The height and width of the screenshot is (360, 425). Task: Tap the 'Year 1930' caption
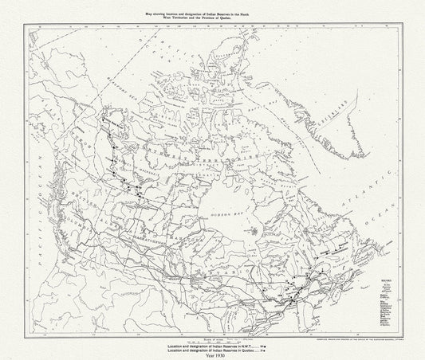click(x=214, y=354)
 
